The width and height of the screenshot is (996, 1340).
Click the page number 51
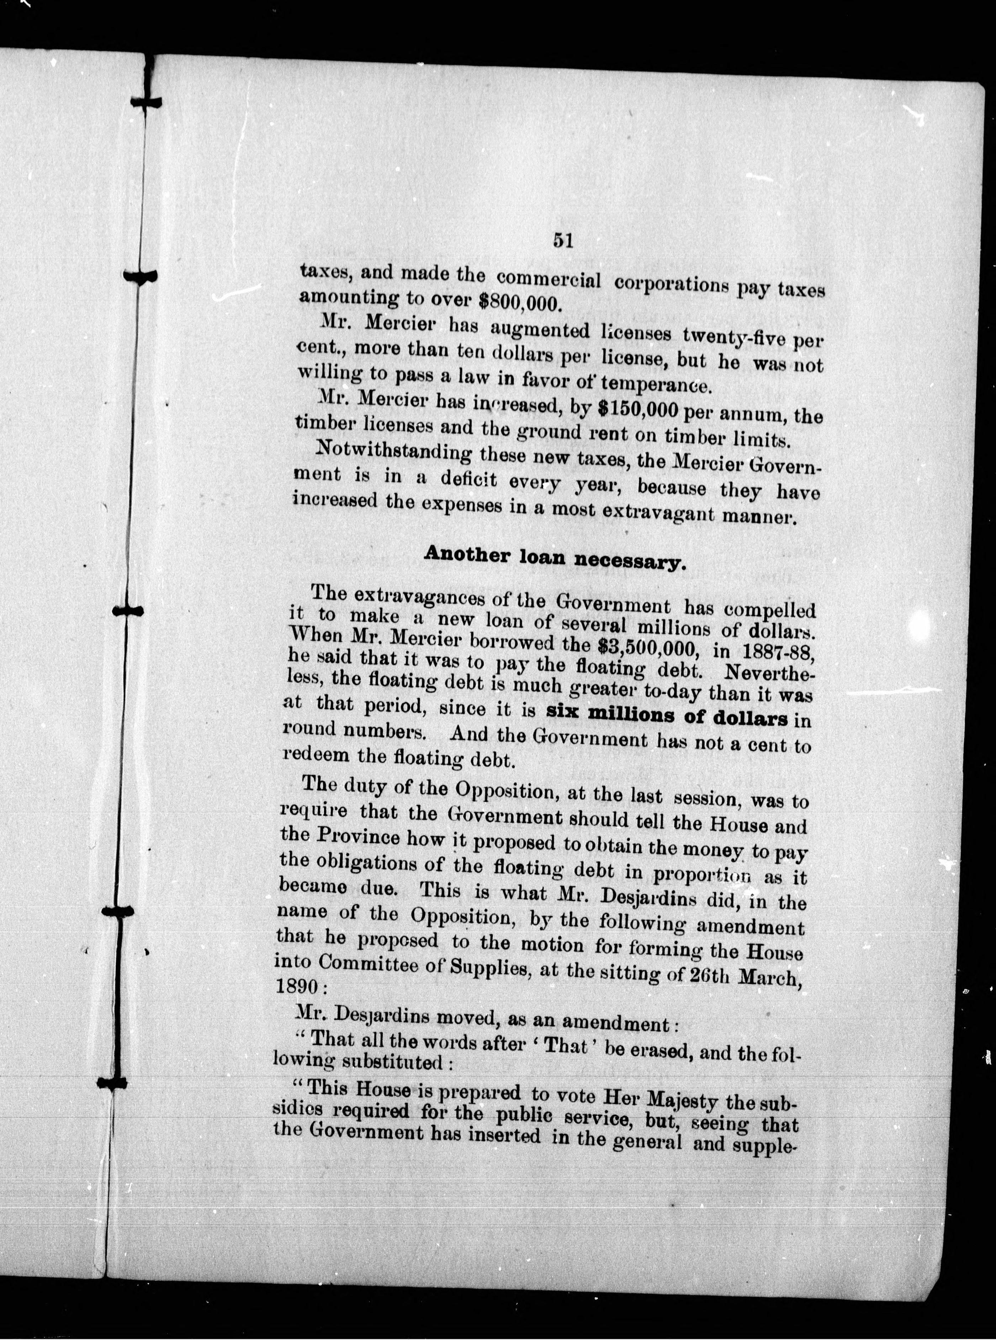point(562,240)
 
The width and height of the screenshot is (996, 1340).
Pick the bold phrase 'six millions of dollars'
point(667,717)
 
